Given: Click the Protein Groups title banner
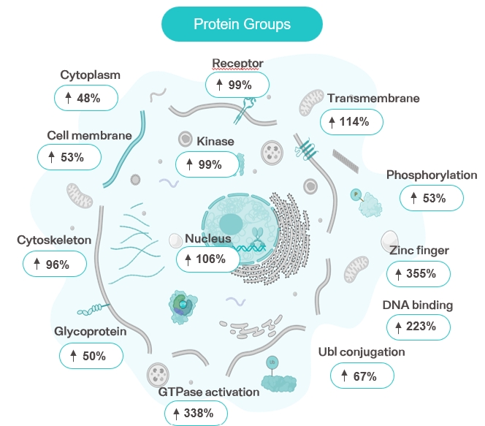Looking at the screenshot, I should coord(242,24).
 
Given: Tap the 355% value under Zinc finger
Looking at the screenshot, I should coord(418,274).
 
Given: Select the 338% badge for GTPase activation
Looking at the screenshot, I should coord(195,414).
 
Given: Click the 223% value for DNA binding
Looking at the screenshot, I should coord(418,327).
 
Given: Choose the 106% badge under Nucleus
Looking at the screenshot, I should coord(207,259).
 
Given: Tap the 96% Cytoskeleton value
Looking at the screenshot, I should coord(55,264).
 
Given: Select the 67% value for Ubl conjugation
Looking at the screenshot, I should coord(362,376).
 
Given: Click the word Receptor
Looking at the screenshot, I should coord(237,64).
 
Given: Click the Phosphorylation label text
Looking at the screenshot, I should coord(432,175).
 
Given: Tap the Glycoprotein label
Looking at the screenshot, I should coord(91,331).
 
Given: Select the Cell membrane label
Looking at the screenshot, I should coord(89,135).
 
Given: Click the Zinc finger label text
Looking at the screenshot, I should coord(419,251).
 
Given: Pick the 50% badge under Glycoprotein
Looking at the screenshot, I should coord(91,356).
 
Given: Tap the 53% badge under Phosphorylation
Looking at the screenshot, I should coord(432,197).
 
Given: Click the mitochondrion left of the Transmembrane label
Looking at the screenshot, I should coord(310,104).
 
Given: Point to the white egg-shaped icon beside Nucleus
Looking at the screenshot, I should coord(176,240).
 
